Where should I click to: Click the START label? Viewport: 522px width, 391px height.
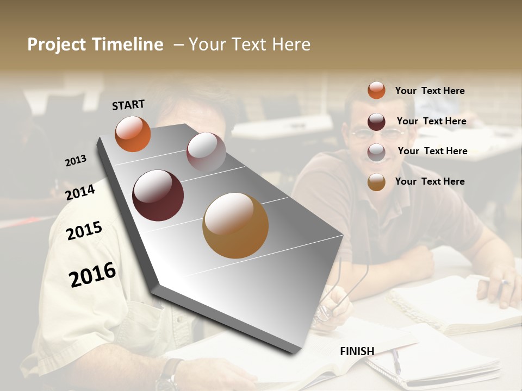pos(128,105)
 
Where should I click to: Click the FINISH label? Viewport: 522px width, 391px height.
pos(357,351)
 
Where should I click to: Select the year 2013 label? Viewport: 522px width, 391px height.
pos(76,161)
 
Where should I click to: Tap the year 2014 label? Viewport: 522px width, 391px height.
pos(80,192)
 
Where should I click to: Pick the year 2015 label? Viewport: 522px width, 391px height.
pos(84,231)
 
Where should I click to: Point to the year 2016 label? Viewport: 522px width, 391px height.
pos(92,274)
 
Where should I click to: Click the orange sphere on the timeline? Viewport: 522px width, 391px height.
pos(133,134)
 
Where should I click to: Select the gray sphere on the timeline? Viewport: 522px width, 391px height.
pos(206,152)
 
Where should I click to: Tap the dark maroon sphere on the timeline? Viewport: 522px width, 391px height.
pos(158,195)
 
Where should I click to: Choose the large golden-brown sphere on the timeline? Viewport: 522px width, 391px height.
pos(235,225)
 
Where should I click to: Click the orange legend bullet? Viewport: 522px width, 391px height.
pos(376,90)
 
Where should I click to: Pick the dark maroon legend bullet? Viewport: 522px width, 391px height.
pos(376,121)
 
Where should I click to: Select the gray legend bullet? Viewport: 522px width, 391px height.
pos(376,152)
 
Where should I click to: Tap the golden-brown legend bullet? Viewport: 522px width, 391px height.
pos(376,182)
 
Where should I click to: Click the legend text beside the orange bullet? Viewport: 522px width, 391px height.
pos(430,91)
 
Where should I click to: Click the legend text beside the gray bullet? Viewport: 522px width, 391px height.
pos(432,151)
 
